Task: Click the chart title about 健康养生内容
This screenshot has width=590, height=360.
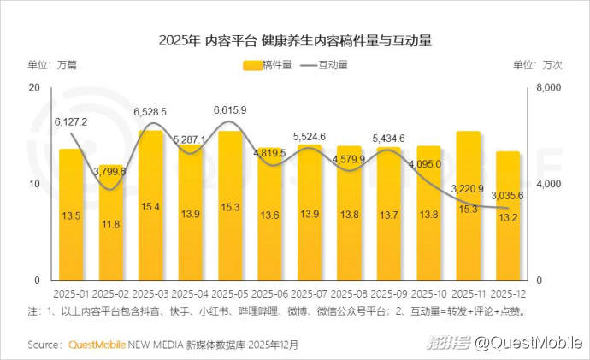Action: [x=294, y=40]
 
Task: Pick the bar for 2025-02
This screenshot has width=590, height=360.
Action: [x=111, y=222]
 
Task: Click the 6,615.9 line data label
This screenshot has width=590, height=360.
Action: [x=229, y=110]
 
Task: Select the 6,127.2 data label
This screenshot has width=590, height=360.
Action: [x=71, y=121]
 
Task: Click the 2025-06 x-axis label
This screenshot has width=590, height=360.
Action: [x=269, y=292]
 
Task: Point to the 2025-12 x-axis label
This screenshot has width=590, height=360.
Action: [x=508, y=292]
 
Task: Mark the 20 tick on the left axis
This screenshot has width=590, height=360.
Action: [x=35, y=88]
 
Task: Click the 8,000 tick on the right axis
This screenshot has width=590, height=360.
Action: [x=547, y=88]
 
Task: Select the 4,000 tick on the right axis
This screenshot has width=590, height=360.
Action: [x=547, y=185]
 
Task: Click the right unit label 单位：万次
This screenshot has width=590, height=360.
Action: [x=537, y=65]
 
